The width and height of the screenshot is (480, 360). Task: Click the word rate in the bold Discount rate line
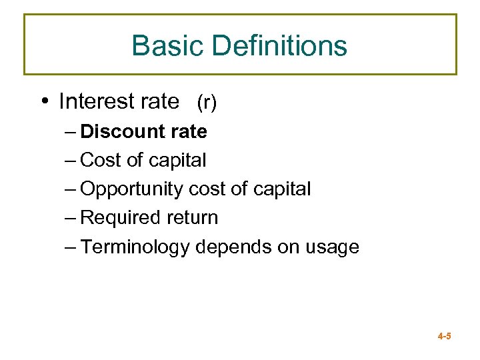tap(189, 132)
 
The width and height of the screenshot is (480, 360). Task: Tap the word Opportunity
tap(131, 189)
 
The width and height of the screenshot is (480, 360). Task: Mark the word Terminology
tap(135, 247)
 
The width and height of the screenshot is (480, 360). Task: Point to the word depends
tap(227, 247)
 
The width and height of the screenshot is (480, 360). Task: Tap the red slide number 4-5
tap(444, 337)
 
